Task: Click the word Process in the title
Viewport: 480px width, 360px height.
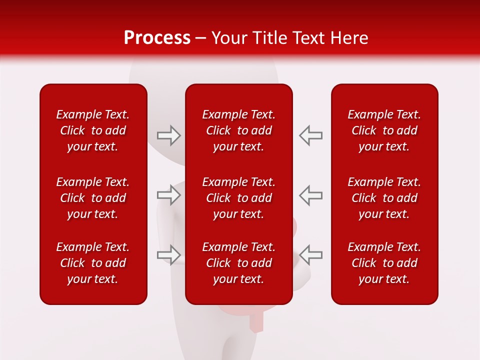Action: point(157,38)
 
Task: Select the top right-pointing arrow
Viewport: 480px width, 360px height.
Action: point(168,135)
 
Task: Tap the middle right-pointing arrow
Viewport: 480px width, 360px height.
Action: point(168,194)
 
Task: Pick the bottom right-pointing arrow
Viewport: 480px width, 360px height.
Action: point(168,254)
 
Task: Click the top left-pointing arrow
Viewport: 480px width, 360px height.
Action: point(310,135)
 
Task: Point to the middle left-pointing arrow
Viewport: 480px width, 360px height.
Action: point(310,194)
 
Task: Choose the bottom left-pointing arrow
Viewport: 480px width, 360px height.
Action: point(310,254)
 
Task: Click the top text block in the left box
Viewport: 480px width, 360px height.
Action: point(93,130)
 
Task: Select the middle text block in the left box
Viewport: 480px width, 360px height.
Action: point(93,198)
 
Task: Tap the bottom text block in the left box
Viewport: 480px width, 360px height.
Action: point(93,263)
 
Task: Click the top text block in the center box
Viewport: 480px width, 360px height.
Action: point(238,130)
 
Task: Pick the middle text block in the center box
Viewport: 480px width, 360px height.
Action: point(238,198)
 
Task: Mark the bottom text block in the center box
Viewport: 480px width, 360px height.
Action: point(238,263)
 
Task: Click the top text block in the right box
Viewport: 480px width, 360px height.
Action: point(384,130)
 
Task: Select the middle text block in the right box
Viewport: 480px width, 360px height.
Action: point(384,198)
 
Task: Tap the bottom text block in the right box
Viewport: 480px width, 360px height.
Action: point(384,263)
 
